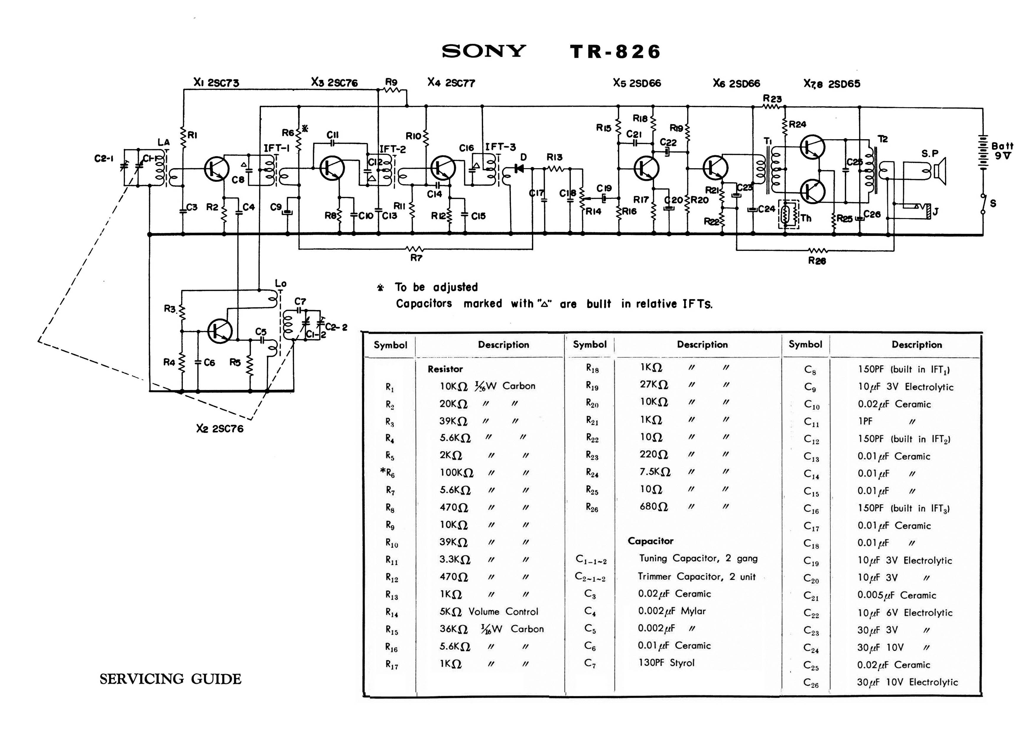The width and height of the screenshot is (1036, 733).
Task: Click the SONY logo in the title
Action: (x=484, y=51)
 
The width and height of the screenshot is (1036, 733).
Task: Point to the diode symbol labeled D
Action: (x=519, y=169)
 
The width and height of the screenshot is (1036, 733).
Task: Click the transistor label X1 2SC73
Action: (x=216, y=82)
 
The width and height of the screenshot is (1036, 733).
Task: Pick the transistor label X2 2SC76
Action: (x=220, y=428)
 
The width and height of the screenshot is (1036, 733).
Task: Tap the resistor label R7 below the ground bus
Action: (x=416, y=258)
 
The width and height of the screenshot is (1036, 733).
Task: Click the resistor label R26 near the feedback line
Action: (x=817, y=261)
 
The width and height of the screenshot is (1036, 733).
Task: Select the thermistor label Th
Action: (x=806, y=218)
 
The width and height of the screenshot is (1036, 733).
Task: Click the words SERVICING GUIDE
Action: (x=170, y=679)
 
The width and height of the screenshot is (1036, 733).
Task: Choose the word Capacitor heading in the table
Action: (x=650, y=541)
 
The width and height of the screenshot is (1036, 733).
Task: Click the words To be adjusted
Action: (x=436, y=287)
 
